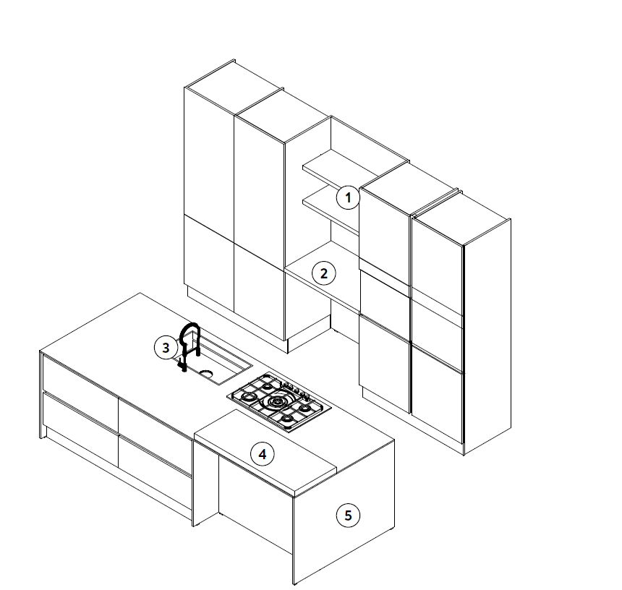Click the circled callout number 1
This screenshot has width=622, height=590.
click(348, 197)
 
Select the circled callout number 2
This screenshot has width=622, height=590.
click(324, 273)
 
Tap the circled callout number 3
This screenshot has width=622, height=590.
click(166, 348)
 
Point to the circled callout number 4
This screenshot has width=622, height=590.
click(263, 454)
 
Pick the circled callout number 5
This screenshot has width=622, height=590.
click(348, 516)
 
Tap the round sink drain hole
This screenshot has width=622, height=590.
click(206, 373)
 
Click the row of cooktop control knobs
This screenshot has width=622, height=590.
click(296, 390)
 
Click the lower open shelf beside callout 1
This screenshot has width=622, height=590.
click(331, 212)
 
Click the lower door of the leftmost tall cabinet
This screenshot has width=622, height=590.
click(209, 264)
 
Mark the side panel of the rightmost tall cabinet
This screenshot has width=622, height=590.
click(487, 336)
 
